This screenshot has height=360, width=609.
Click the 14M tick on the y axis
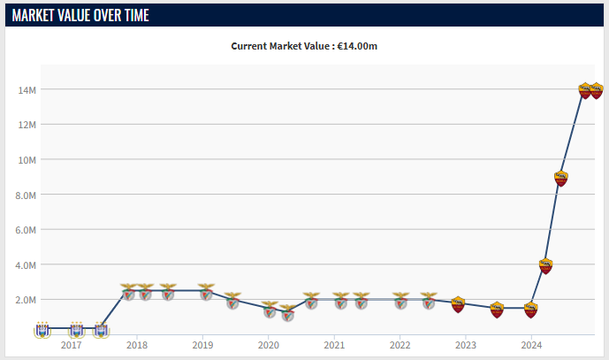(x=27, y=90)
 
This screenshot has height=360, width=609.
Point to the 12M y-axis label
(x=27, y=125)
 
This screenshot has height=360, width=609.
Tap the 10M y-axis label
(x=27, y=160)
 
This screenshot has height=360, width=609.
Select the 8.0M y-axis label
(x=26, y=195)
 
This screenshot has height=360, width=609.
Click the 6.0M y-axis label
(x=26, y=230)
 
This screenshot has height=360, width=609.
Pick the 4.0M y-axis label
(x=26, y=265)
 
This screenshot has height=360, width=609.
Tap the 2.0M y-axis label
(x=26, y=300)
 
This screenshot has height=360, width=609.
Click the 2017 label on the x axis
(x=71, y=345)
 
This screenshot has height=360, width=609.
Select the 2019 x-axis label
(x=202, y=345)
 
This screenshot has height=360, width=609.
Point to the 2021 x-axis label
(x=334, y=345)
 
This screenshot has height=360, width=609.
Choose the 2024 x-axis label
(x=531, y=345)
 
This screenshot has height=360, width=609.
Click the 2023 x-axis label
(x=466, y=345)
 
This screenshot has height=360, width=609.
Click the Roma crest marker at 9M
(x=561, y=179)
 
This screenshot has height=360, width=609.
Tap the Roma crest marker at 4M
(x=545, y=266)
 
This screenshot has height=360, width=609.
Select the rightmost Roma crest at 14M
(x=597, y=91)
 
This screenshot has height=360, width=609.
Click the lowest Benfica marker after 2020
(x=287, y=313)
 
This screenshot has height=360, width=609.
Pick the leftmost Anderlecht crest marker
(x=42, y=330)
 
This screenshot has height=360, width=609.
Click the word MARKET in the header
(x=34, y=16)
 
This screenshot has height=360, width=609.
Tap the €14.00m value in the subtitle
(x=357, y=46)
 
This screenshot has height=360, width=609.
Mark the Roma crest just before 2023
(x=459, y=304)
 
